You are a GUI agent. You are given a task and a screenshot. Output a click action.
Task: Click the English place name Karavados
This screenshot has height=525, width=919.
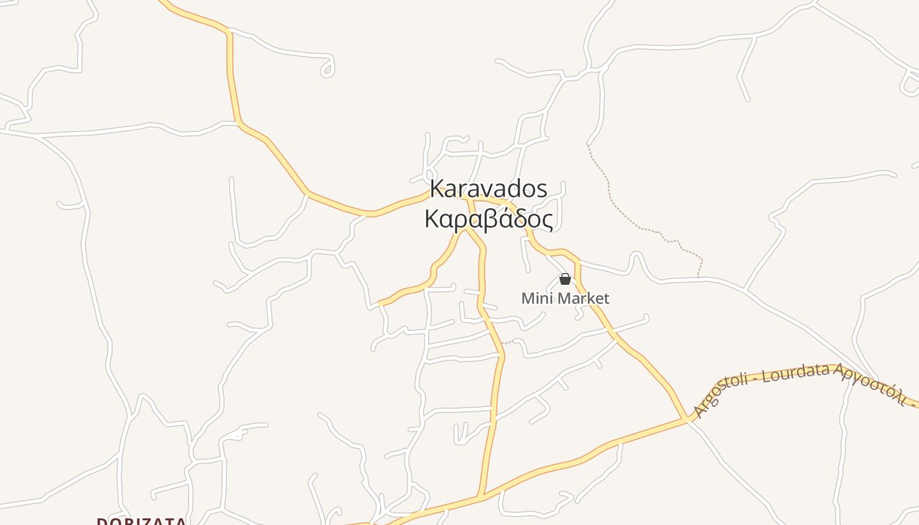[488, 189]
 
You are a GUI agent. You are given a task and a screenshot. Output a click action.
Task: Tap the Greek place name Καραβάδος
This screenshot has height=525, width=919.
[488, 219]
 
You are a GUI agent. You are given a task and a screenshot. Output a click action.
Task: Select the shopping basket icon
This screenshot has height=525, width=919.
[565, 279]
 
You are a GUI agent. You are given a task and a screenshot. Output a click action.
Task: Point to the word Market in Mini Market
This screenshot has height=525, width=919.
[582, 299]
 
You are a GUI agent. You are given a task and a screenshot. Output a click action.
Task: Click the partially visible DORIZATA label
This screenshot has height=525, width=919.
[142, 521]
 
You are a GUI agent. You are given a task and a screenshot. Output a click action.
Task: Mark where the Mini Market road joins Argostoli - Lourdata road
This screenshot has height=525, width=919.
[687, 418]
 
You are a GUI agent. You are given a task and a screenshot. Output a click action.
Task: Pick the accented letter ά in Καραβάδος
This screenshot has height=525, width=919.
[498, 218]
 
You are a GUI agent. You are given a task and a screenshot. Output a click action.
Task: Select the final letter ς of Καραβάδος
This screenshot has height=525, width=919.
[546, 221]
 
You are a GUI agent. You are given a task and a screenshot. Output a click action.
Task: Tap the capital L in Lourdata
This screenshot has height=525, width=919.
[765, 377]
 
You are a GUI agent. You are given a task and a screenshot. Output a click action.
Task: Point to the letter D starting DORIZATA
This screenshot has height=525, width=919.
[102, 522]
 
